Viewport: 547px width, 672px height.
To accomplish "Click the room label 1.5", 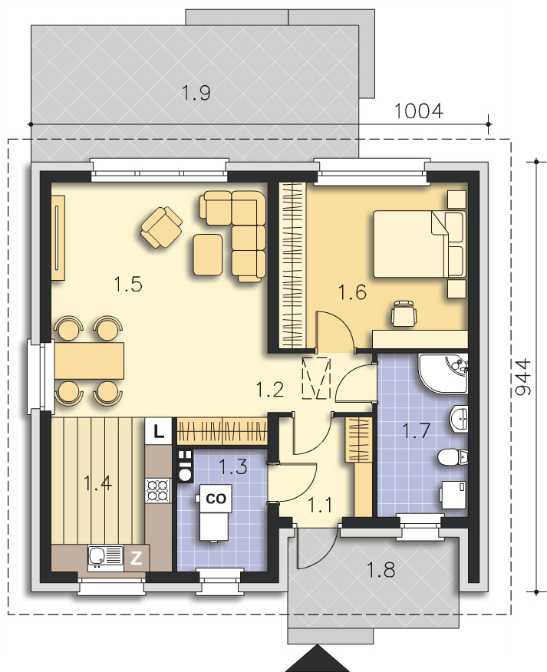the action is coord(128,284).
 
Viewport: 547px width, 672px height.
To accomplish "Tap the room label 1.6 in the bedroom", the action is coord(352,292).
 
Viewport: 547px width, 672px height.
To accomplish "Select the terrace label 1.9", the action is coord(196,93).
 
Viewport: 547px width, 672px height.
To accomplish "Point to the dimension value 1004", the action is coord(418,111).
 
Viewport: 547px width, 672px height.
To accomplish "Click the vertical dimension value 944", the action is coord(522,377).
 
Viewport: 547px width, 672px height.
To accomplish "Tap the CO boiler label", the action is coord(216,499).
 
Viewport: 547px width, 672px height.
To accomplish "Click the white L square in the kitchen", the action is coord(159,431).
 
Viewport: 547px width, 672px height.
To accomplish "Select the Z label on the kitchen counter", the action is coord(136,558).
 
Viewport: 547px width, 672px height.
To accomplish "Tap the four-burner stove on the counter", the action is coord(158,491).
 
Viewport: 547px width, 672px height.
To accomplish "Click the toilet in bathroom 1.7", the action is coord(453,457).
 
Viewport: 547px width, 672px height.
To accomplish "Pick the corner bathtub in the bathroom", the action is coord(443,373).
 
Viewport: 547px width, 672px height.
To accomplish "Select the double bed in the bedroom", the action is coord(419,244).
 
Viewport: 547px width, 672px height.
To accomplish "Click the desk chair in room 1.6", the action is coord(404,314).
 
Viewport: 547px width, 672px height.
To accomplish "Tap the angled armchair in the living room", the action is coord(161,227).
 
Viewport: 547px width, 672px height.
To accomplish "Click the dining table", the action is coord(89,361).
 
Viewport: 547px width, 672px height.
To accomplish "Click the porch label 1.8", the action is coord(381,571).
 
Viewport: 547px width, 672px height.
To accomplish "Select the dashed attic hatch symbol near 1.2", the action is coord(316,378).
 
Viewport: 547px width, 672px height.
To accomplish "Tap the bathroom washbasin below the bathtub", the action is coord(459,418).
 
